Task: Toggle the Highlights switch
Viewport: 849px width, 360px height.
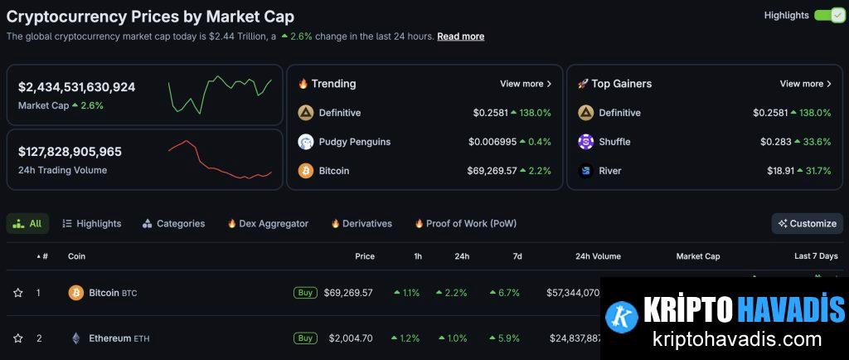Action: [829, 15]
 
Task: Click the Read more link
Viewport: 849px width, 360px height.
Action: [460, 36]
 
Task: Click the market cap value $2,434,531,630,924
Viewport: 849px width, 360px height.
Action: [76, 87]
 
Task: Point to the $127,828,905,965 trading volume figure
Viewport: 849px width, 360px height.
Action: [70, 152]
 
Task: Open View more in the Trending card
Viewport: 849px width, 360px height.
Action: [526, 84]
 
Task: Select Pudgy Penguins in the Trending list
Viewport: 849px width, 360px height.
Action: [354, 142]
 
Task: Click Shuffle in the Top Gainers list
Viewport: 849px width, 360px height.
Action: [614, 142]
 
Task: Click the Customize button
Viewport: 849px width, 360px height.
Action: [808, 223]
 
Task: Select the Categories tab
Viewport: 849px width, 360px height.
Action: [180, 223]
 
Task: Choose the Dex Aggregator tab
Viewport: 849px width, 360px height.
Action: [273, 223]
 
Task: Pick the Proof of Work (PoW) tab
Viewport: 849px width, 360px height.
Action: [471, 223]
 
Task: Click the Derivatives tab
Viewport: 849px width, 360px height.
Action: [366, 223]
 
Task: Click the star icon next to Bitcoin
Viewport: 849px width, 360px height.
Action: [17, 293]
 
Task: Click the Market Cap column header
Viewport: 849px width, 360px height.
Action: [697, 256]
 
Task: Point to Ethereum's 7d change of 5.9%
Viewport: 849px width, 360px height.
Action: [505, 338]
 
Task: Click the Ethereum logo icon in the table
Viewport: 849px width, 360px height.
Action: [76, 338]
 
